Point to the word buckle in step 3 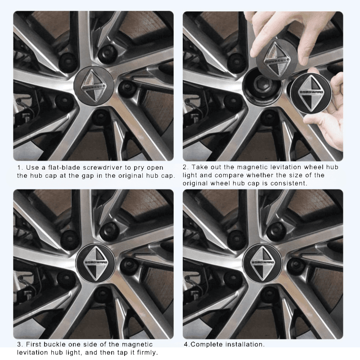click(x=56, y=344)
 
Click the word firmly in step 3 click(x=144, y=352)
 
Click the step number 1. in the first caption click(x=20, y=167)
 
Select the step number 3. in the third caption click(x=20, y=344)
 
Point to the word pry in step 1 click(x=137, y=168)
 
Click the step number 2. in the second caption click(x=186, y=167)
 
